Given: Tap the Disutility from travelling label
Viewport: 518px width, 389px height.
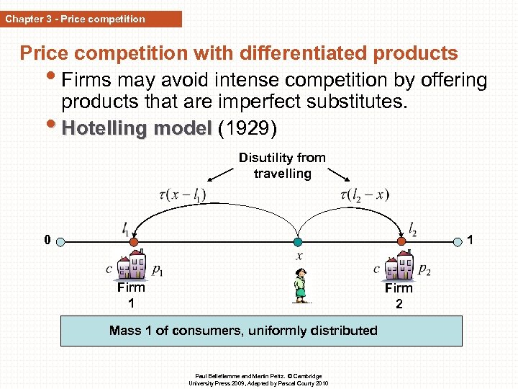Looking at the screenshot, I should coord(282,165).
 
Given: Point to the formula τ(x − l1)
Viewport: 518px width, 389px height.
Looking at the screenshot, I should coord(181,194).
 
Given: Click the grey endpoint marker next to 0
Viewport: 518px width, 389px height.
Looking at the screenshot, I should coord(62,242).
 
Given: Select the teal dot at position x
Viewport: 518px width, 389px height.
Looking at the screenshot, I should coord(298,242).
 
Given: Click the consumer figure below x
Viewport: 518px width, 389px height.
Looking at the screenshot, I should coord(299,285).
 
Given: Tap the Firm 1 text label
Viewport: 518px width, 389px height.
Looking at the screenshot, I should coord(131,295).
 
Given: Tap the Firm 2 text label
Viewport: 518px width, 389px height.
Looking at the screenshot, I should coord(399,295).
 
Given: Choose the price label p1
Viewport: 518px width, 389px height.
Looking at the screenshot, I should coord(158,270).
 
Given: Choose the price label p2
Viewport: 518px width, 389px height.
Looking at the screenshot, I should coord(424,270).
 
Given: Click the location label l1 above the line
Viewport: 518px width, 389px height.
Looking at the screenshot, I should coord(127,229).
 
